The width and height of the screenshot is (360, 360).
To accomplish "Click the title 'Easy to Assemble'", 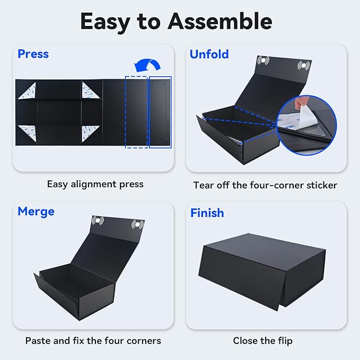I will coord(176,21).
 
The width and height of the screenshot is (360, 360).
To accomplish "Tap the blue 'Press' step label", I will coord(33,54).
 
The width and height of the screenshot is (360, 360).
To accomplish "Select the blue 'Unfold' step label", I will coord(209,54).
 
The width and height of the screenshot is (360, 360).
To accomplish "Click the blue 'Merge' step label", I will coord(36,212).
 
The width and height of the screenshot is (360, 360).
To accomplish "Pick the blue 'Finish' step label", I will coord(207,213).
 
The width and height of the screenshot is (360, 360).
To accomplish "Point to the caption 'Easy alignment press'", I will coord(95,185).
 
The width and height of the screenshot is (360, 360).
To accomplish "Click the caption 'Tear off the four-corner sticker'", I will coord(265,185).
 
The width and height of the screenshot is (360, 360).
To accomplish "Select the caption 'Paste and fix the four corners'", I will coord(93,340).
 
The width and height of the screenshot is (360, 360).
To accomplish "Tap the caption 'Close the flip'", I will coord(262,340).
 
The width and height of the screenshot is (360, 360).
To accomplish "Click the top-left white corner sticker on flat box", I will coord(27,92).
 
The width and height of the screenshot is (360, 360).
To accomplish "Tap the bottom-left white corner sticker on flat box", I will coord(27,133).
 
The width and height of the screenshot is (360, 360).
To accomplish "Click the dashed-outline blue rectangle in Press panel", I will coord(136,112).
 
